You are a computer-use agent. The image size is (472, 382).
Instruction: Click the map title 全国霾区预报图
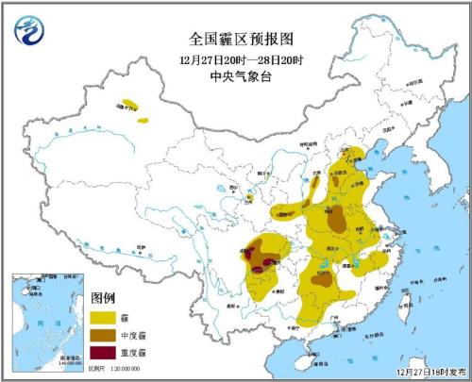click(x=229, y=40)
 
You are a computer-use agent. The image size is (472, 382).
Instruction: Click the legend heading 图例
click(x=103, y=298)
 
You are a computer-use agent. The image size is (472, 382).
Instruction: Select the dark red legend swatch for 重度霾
click(x=106, y=353)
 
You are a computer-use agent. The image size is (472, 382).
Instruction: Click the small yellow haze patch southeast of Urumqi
click(x=143, y=120)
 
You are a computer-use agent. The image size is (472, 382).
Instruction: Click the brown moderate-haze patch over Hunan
click(x=324, y=280)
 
